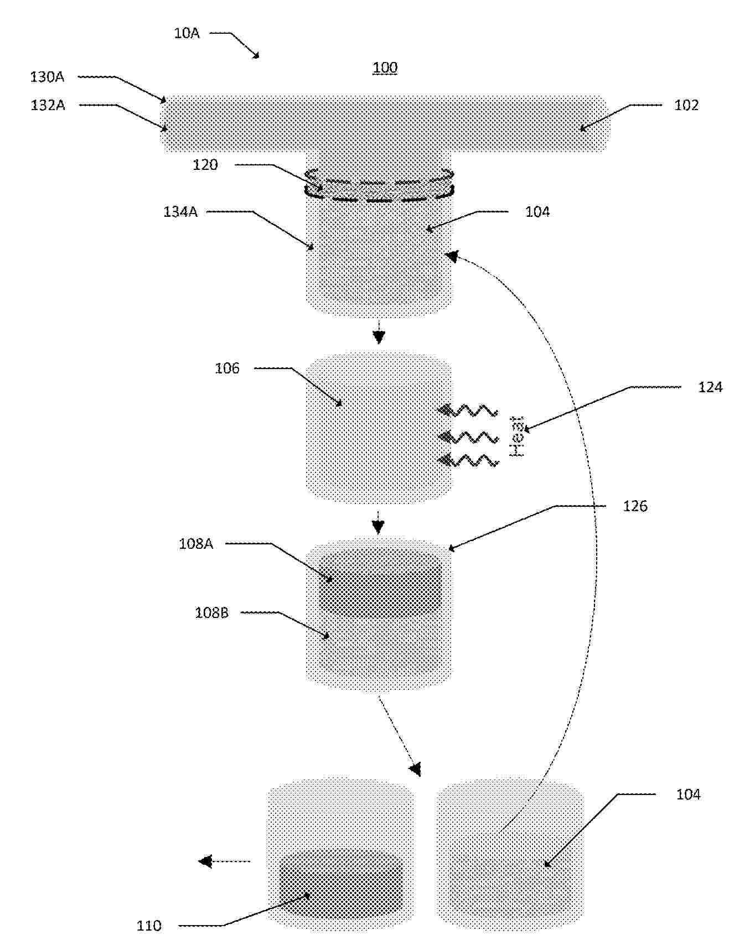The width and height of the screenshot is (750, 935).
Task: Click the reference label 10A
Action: pos(187,33)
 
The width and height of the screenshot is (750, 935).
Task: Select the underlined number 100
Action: pos(385,67)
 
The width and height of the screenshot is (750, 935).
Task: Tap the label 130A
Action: pos(47,77)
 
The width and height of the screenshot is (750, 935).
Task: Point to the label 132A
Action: pos(48,105)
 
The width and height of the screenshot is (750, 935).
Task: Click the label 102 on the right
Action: pos(686,105)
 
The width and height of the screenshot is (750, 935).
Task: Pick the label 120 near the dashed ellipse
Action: pos(205,165)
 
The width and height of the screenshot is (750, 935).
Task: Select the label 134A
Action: pos(180,212)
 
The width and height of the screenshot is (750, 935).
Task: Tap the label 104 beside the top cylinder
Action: pos(537,212)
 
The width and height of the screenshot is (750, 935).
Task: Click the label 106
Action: pos(227,368)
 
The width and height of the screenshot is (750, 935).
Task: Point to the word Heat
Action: pos(516,437)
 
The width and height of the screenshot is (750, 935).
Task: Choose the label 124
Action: pos(710,387)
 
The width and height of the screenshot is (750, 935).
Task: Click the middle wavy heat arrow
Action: pos(468,438)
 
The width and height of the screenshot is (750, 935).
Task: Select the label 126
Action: pos(635,506)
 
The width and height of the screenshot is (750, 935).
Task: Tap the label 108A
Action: pos(196,544)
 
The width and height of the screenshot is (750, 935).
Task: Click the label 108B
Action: pos(211,613)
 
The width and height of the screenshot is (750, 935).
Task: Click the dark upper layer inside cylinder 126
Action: pos(381,584)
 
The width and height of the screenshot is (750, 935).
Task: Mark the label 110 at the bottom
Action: pos(149,925)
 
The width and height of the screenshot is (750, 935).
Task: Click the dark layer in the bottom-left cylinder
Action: pos(341,882)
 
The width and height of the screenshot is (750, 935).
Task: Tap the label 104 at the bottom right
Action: pos(688,794)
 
